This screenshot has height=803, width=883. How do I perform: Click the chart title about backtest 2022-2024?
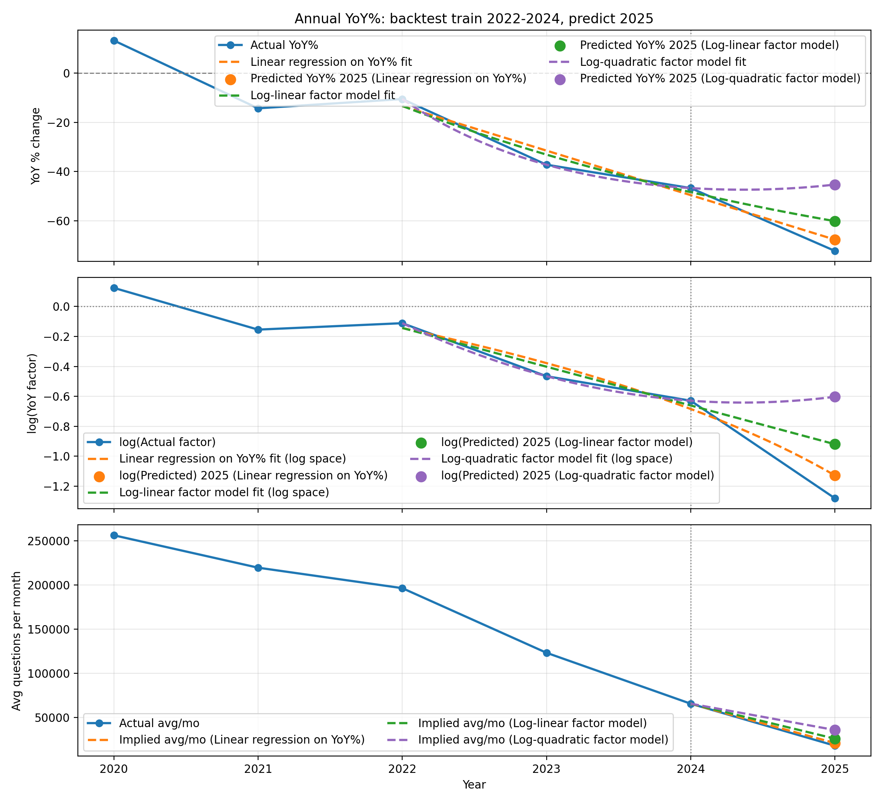[x=474, y=19]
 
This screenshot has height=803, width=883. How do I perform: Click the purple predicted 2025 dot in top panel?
[x=834, y=184]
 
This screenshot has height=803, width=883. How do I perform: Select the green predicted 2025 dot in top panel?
[x=834, y=221]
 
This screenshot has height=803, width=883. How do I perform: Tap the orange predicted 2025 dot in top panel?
[x=834, y=240]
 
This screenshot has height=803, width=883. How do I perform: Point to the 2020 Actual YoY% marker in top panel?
[x=114, y=41]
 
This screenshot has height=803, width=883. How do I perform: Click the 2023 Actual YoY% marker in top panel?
[x=546, y=165]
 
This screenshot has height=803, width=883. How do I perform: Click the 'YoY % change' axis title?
[x=35, y=146]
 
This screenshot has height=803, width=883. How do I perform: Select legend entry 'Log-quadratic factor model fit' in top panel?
[x=663, y=62]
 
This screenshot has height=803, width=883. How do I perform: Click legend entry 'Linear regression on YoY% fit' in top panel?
[x=331, y=62]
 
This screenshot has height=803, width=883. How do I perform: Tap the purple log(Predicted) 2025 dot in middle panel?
[x=834, y=397]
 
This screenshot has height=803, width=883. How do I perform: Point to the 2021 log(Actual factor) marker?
[x=258, y=330]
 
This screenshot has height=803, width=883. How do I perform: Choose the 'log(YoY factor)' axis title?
[x=32, y=393]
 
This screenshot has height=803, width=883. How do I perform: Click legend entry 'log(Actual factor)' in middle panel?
[x=167, y=442]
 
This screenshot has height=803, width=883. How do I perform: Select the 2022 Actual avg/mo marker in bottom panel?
[x=402, y=588]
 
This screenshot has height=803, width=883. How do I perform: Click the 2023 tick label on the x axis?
[x=546, y=769]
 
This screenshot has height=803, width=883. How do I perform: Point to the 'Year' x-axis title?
[x=474, y=785]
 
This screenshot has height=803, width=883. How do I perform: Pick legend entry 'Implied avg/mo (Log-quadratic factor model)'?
[x=543, y=740]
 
